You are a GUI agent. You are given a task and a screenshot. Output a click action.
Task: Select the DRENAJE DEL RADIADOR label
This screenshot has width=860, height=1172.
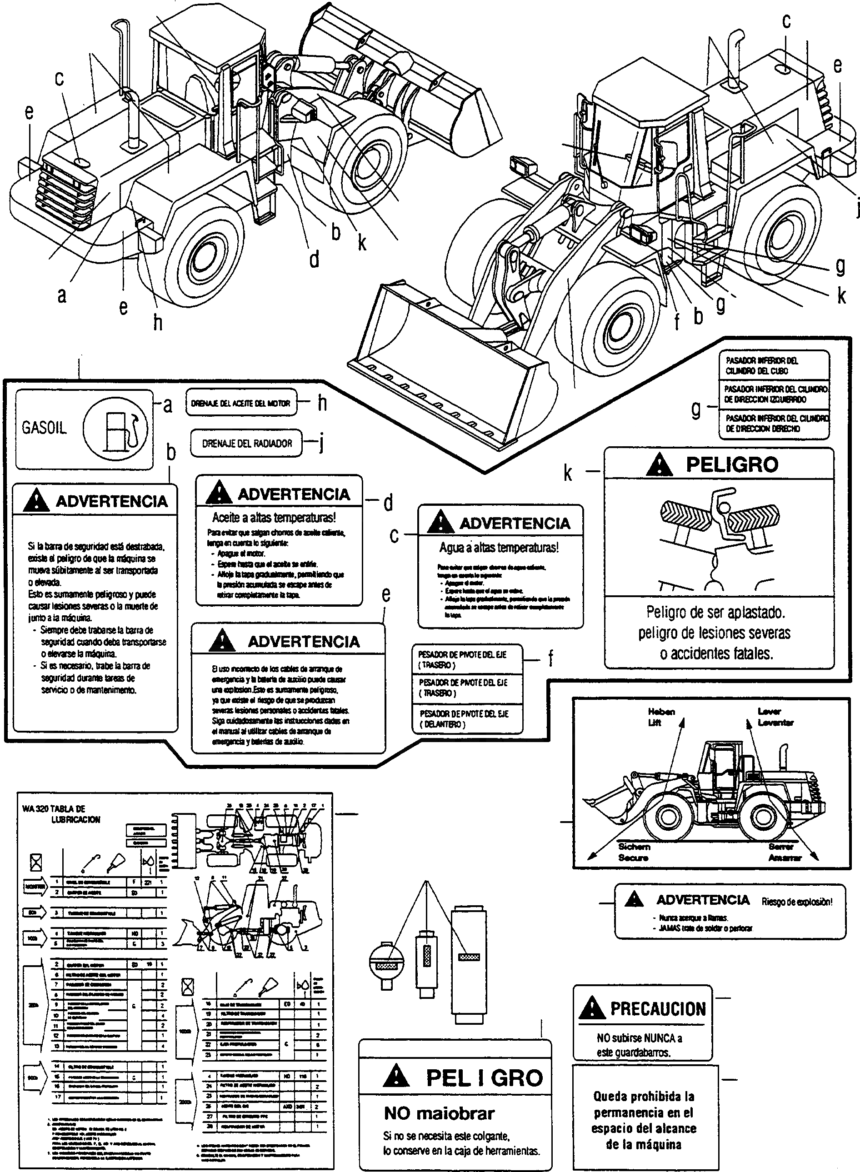pos(247,444)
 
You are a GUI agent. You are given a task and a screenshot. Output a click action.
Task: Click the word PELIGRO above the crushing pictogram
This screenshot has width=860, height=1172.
pos(731,464)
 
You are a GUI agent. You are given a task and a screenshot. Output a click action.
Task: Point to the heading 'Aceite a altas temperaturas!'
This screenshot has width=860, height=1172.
pos(274,517)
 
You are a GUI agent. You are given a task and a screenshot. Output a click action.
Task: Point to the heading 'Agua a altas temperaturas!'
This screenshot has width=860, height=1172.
pos(499,548)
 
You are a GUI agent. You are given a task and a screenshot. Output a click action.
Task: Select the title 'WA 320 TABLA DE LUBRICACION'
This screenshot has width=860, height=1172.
pos(61,814)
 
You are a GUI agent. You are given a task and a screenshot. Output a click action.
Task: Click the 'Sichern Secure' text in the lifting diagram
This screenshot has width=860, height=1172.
pos(634,852)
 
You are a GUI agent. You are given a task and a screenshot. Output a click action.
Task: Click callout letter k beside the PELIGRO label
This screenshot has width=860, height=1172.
pos(568,473)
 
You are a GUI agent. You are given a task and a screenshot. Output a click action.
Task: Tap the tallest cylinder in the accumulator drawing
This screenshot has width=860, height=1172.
pos(469,961)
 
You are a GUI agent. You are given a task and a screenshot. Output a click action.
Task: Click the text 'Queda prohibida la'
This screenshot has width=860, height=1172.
pos(644,1096)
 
